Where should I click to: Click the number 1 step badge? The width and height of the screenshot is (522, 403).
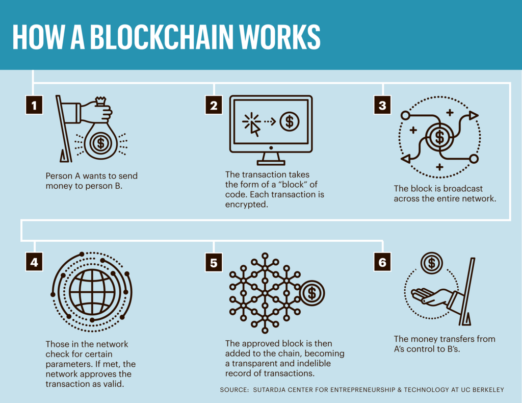click(x=34, y=105)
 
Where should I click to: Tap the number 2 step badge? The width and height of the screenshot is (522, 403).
click(x=214, y=105)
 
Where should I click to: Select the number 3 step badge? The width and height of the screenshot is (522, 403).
click(x=382, y=105)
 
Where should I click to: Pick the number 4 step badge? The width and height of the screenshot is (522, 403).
click(x=34, y=262)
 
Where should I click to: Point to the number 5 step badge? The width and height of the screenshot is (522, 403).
click(x=214, y=262)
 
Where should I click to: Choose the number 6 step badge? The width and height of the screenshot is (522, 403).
click(x=382, y=262)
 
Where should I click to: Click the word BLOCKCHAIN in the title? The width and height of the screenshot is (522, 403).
click(x=162, y=37)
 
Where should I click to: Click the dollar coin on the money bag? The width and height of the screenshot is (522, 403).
click(x=100, y=143)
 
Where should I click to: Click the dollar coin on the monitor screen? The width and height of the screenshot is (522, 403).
click(x=290, y=121)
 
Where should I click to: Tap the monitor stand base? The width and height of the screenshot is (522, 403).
click(x=271, y=163)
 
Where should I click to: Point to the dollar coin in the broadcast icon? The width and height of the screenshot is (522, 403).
click(x=439, y=137)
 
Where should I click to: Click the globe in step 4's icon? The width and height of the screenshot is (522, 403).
click(x=92, y=292)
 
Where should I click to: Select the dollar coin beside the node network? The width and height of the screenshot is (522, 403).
click(x=312, y=293)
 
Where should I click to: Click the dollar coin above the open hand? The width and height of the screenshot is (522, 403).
click(x=431, y=263)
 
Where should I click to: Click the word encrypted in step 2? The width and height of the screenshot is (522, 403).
click(x=246, y=205)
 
